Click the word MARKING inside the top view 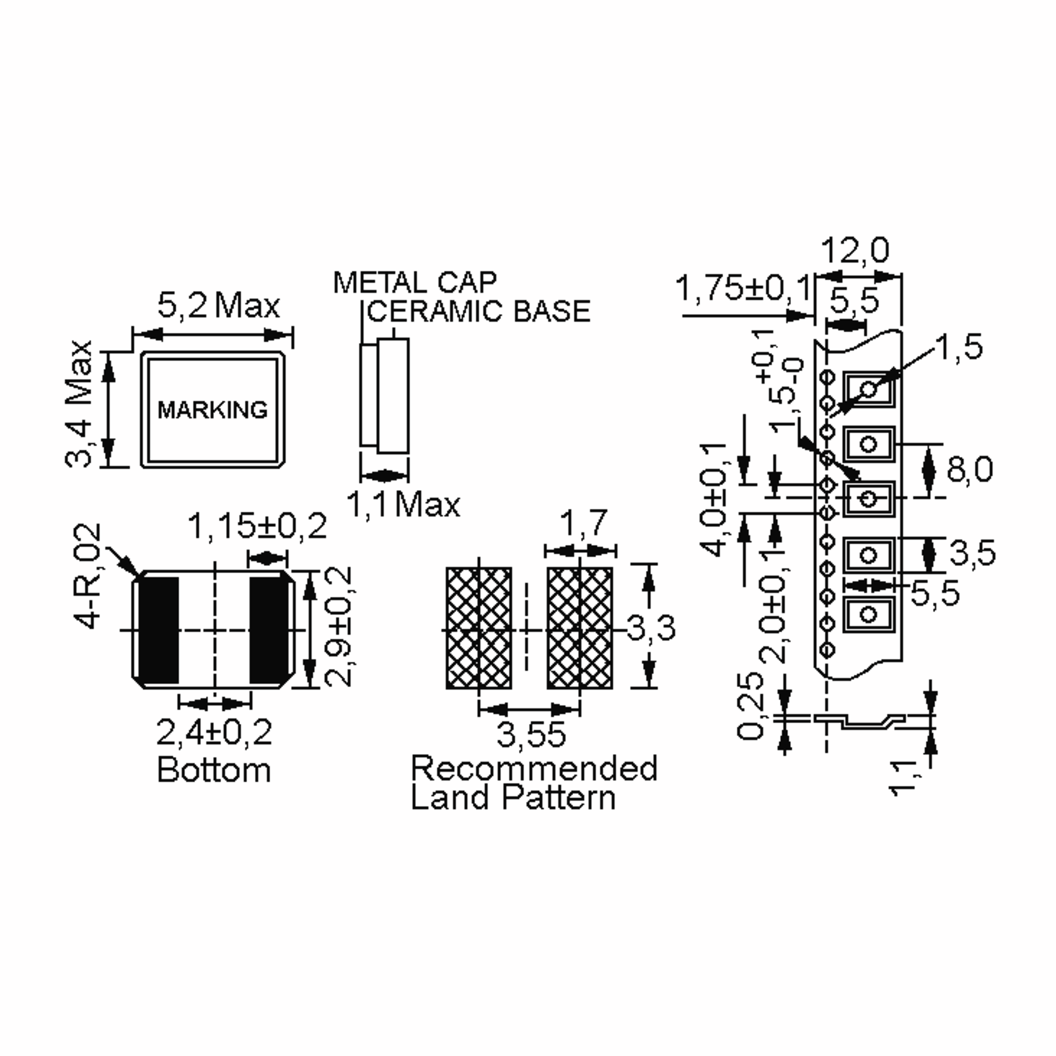[213, 410]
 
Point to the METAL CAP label [415, 282]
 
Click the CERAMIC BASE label [479, 311]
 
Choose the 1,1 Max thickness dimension [403, 504]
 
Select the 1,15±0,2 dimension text [257, 526]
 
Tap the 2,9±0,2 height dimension [337, 627]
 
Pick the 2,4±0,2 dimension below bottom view [214, 733]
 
